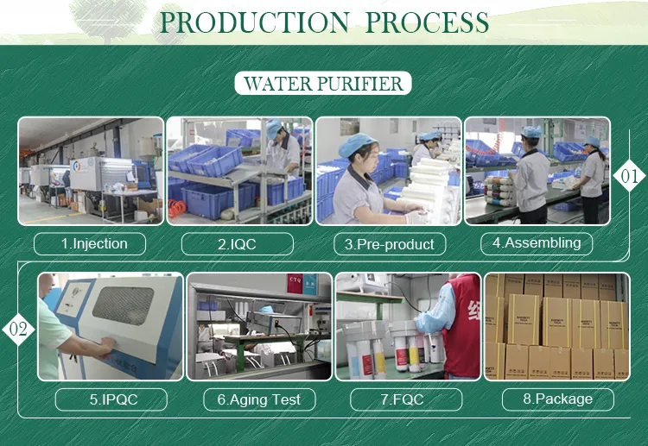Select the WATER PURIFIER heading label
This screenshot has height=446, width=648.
(x=323, y=84)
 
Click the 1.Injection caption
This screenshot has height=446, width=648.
(x=90, y=243)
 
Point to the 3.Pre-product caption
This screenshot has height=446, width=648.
(x=390, y=244)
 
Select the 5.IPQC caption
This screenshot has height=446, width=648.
(x=114, y=399)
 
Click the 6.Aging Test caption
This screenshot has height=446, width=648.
(x=259, y=399)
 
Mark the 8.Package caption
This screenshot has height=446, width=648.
(x=557, y=399)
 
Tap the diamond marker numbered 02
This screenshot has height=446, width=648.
(x=19, y=329)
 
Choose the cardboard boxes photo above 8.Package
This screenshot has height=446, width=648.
(x=556, y=326)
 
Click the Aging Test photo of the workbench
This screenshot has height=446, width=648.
(x=259, y=326)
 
